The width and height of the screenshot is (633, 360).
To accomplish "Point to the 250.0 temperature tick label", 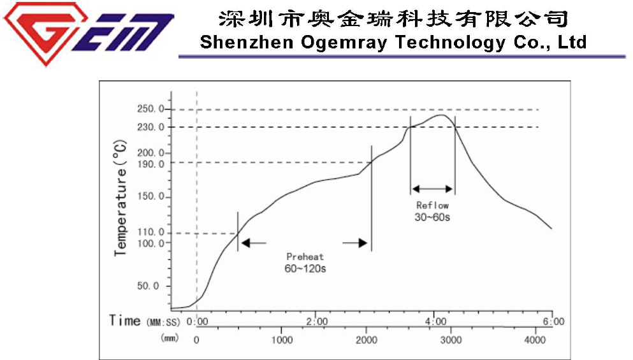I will pyautogui.click(x=151, y=110).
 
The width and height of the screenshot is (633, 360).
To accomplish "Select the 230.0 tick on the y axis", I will pyautogui.click(x=151, y=127).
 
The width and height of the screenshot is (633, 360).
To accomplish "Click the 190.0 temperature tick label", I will pyautogui.click(x=151, y=164).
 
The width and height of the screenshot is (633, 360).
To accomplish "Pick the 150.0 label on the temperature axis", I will pyautogui.click(x=151, y=197).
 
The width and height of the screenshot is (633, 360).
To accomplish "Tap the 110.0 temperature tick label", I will pyautogui.click(x=151, y=233).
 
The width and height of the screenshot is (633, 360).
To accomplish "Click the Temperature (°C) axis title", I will pyautogui.click(x=120, y=198).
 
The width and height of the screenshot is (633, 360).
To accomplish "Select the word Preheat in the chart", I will pyautogui.click(x=305, y=257).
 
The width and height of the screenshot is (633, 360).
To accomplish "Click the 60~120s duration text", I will pyautogui.click(x=305, y=268).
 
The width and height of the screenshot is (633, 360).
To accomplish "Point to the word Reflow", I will pyautogui.click(x=432, y=205).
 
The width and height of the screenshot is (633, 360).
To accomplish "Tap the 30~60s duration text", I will pyautogui.click(x=432, y=217).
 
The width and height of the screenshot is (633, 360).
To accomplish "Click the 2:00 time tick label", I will pyautogui.click(x=317, y=321).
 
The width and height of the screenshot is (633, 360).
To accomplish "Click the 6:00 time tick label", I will pyautogui.click(x=552, y=321).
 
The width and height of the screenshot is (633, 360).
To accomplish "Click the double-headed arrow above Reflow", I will pyautogui.click(x=432, y=189).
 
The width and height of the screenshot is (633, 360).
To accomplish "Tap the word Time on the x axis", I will pyautogui.click(x=124, y=320).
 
